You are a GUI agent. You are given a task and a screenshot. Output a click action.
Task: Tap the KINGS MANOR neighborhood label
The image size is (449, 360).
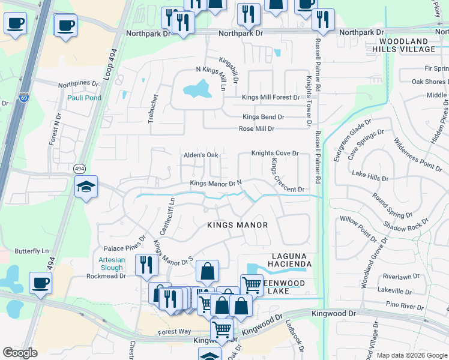(237, 225)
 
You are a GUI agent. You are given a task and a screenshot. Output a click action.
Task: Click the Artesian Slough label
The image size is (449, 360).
(110, 263)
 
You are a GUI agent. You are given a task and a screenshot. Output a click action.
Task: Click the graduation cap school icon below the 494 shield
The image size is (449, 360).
(86, 188)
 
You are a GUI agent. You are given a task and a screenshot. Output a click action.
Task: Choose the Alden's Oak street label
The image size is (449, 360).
(200, 155)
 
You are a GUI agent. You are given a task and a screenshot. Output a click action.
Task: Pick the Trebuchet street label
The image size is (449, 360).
(154, 105)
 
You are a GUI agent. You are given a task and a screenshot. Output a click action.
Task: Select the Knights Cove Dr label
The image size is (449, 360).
(275, 154)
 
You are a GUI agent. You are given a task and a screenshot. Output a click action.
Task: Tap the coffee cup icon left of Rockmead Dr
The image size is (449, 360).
(40, 283)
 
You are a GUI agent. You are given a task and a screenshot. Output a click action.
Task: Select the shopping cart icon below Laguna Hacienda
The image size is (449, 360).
(252, 284)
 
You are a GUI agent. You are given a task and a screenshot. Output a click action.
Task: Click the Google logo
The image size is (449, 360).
(20, 353)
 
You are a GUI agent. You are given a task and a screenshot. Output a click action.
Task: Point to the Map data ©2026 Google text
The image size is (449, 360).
(412, 355)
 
